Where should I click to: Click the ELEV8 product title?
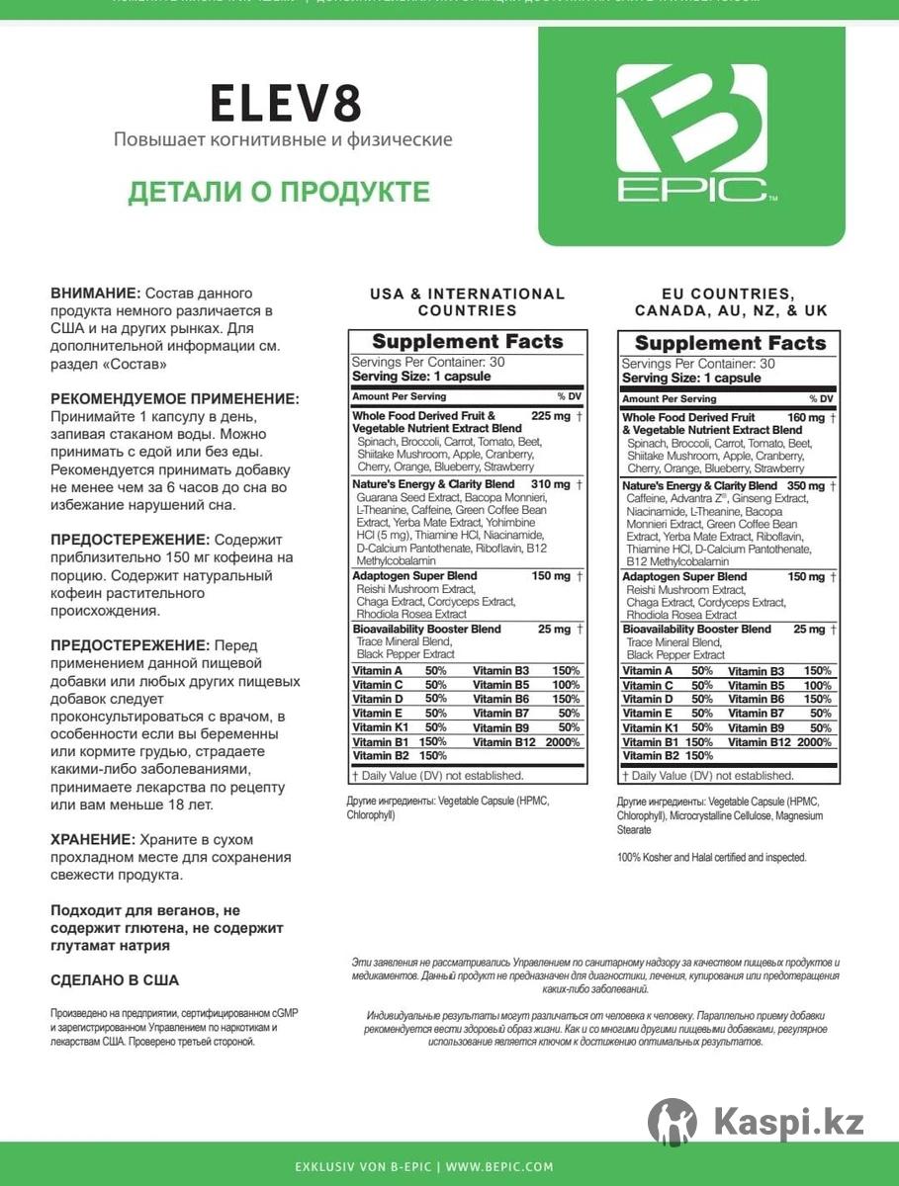point(286,103)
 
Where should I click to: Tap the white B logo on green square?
point(691,133)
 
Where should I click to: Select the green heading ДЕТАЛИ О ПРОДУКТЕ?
point(279,191)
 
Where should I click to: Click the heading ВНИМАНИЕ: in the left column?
point(95,294)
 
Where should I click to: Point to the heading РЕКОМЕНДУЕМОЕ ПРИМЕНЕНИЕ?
point(174,399)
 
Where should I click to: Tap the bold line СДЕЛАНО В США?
point(115,980)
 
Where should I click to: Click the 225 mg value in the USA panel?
point(551,416)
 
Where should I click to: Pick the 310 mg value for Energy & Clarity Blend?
point(551,484)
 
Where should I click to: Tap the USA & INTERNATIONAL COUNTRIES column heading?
point(467,301)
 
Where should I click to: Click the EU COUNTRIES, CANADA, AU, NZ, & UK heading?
point(731,301)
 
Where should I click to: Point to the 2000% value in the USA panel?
point(560,742)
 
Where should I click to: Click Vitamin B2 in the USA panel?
point(374,756)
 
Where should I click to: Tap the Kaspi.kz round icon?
point(673,1122)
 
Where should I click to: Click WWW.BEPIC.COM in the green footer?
point(503,1167)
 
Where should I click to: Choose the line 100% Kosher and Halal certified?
point(711,857)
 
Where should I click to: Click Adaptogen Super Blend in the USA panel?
point(414,576)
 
